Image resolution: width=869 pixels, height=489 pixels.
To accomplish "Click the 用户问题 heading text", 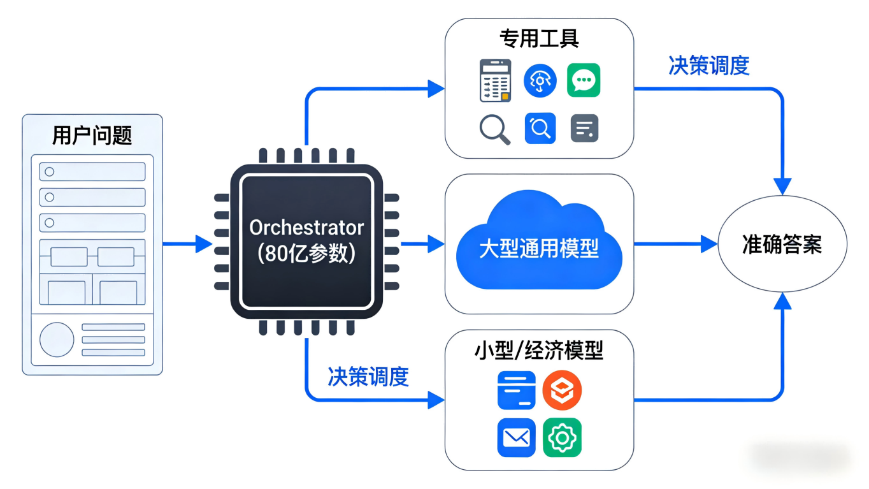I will (92, 135).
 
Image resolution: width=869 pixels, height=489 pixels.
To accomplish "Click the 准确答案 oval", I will (782, 244).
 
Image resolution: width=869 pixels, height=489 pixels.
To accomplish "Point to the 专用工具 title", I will (539, 39).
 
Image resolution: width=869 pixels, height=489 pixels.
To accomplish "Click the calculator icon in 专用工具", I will (495, 81).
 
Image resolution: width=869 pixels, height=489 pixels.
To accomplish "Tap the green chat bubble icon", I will (584, 80).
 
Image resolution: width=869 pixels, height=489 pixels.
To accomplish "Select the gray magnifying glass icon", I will (494, 129).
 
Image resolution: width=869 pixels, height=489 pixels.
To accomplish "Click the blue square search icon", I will (540, 128).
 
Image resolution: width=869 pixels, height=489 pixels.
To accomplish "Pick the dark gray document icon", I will (584, 128).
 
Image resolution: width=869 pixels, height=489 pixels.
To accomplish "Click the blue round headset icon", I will (540, 81).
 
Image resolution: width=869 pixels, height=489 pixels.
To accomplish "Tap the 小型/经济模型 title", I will (539, 351).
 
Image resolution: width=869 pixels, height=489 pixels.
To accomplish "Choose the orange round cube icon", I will (562, 390).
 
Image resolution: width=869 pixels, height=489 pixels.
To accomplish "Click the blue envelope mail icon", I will (516, 437).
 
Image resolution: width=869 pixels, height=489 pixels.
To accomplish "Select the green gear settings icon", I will (562, 437).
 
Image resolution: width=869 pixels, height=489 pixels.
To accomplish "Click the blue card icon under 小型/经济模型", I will (516, 390).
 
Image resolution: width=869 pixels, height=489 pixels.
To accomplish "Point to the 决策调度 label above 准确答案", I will (708, 65).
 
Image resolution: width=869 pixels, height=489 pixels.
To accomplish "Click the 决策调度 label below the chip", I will (368, 376).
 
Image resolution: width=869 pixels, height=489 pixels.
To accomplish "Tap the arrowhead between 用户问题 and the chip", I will (203, 244).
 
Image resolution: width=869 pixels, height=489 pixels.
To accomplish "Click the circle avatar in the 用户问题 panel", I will (57, 339).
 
